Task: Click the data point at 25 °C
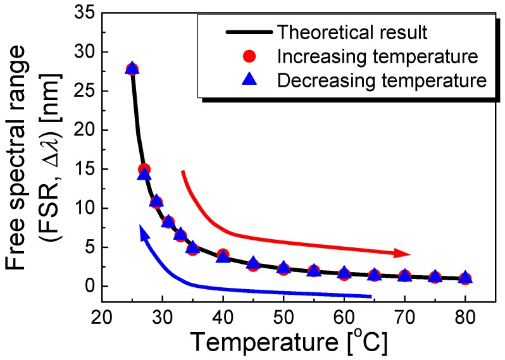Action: point(132,69)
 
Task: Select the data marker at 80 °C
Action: point(465,278)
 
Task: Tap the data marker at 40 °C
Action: point(223,256)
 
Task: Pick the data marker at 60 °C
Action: point(344,273)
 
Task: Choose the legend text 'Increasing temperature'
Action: point(377,57)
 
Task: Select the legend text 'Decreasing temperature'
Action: point(382,80)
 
